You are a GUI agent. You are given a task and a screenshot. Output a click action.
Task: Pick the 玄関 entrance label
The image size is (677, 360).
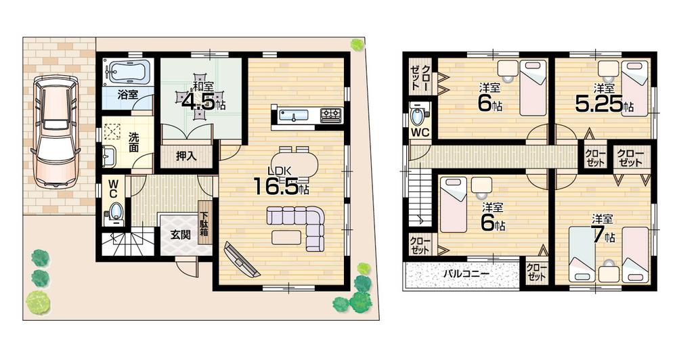click(180, 235)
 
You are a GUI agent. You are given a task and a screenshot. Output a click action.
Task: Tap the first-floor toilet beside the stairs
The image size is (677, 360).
click(115, 212)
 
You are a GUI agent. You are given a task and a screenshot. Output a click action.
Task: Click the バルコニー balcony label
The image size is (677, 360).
click(466, 274)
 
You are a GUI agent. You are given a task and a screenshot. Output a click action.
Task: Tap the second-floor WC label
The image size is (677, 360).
click(420, 133)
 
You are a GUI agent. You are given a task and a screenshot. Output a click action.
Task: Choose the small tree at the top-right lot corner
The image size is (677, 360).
click(357, 45)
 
